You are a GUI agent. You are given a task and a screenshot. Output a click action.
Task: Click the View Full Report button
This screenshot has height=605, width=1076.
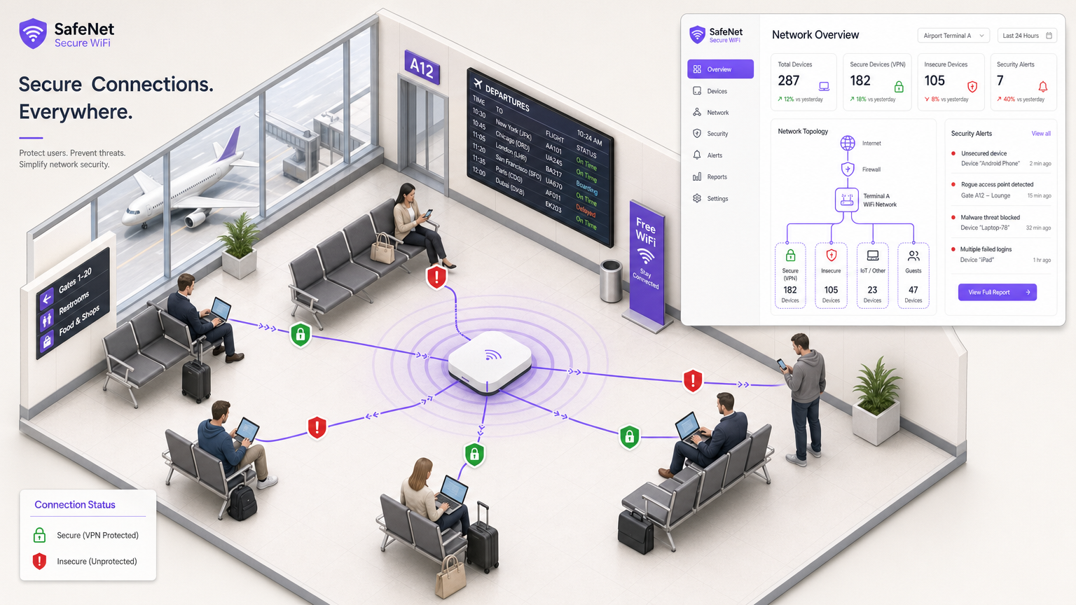click(997, 292)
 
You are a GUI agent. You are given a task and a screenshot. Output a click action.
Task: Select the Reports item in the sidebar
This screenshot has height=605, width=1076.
click(716, 177)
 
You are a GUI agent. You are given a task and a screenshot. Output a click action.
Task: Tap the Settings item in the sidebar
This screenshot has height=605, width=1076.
click(717, 199)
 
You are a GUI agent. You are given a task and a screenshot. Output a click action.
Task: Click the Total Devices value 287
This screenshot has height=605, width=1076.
click(789, 81)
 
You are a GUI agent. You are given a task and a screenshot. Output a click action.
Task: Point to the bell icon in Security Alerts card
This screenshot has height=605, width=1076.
click(1042, 87)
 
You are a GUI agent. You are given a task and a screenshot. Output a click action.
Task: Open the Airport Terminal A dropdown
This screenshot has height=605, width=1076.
click(953, 36)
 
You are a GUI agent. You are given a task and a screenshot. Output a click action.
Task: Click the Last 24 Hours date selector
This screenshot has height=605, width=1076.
click(1027, 36)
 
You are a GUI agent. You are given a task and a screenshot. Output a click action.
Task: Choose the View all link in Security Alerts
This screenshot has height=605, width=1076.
click(1040, 134)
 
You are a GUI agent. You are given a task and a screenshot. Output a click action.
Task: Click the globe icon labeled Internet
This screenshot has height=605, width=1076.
click(848, 144)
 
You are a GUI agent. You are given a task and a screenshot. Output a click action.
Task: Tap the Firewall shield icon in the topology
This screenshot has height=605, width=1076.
click(848, 169)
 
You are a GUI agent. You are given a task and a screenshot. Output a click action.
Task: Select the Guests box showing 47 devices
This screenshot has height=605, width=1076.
click(913, 275)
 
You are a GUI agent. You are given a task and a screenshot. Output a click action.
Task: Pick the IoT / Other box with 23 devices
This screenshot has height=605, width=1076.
click(872, 275)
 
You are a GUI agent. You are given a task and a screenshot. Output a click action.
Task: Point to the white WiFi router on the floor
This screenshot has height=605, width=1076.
click(490, 361)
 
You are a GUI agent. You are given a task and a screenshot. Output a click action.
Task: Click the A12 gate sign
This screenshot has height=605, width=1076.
click(422, 67)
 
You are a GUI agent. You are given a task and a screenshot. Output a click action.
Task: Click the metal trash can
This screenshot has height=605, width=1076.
click(611, 281)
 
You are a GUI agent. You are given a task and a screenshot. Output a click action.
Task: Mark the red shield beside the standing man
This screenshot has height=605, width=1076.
click(693, 380)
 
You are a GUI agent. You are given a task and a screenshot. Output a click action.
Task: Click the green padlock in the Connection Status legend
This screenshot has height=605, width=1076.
click(40, 535)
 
